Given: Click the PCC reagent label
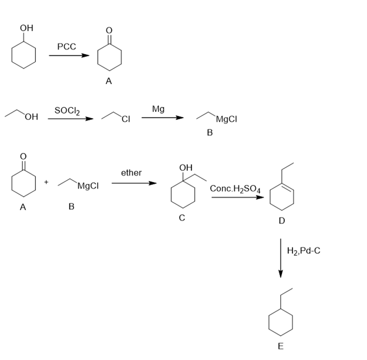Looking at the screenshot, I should point(66,47).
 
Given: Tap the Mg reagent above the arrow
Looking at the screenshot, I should point(158,109).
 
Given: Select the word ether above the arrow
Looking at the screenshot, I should point(131,173).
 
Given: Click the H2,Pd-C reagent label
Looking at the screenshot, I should point(304,251).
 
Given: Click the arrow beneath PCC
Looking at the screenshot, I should point(69,56).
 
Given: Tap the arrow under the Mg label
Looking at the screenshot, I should point(162,118).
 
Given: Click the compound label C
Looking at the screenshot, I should point(182,218).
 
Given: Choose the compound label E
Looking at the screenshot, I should point(280,347).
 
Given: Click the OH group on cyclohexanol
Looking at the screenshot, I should point(25,28).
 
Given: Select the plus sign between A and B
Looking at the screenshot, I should point(46,182).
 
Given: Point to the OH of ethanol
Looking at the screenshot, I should point(31,118).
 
